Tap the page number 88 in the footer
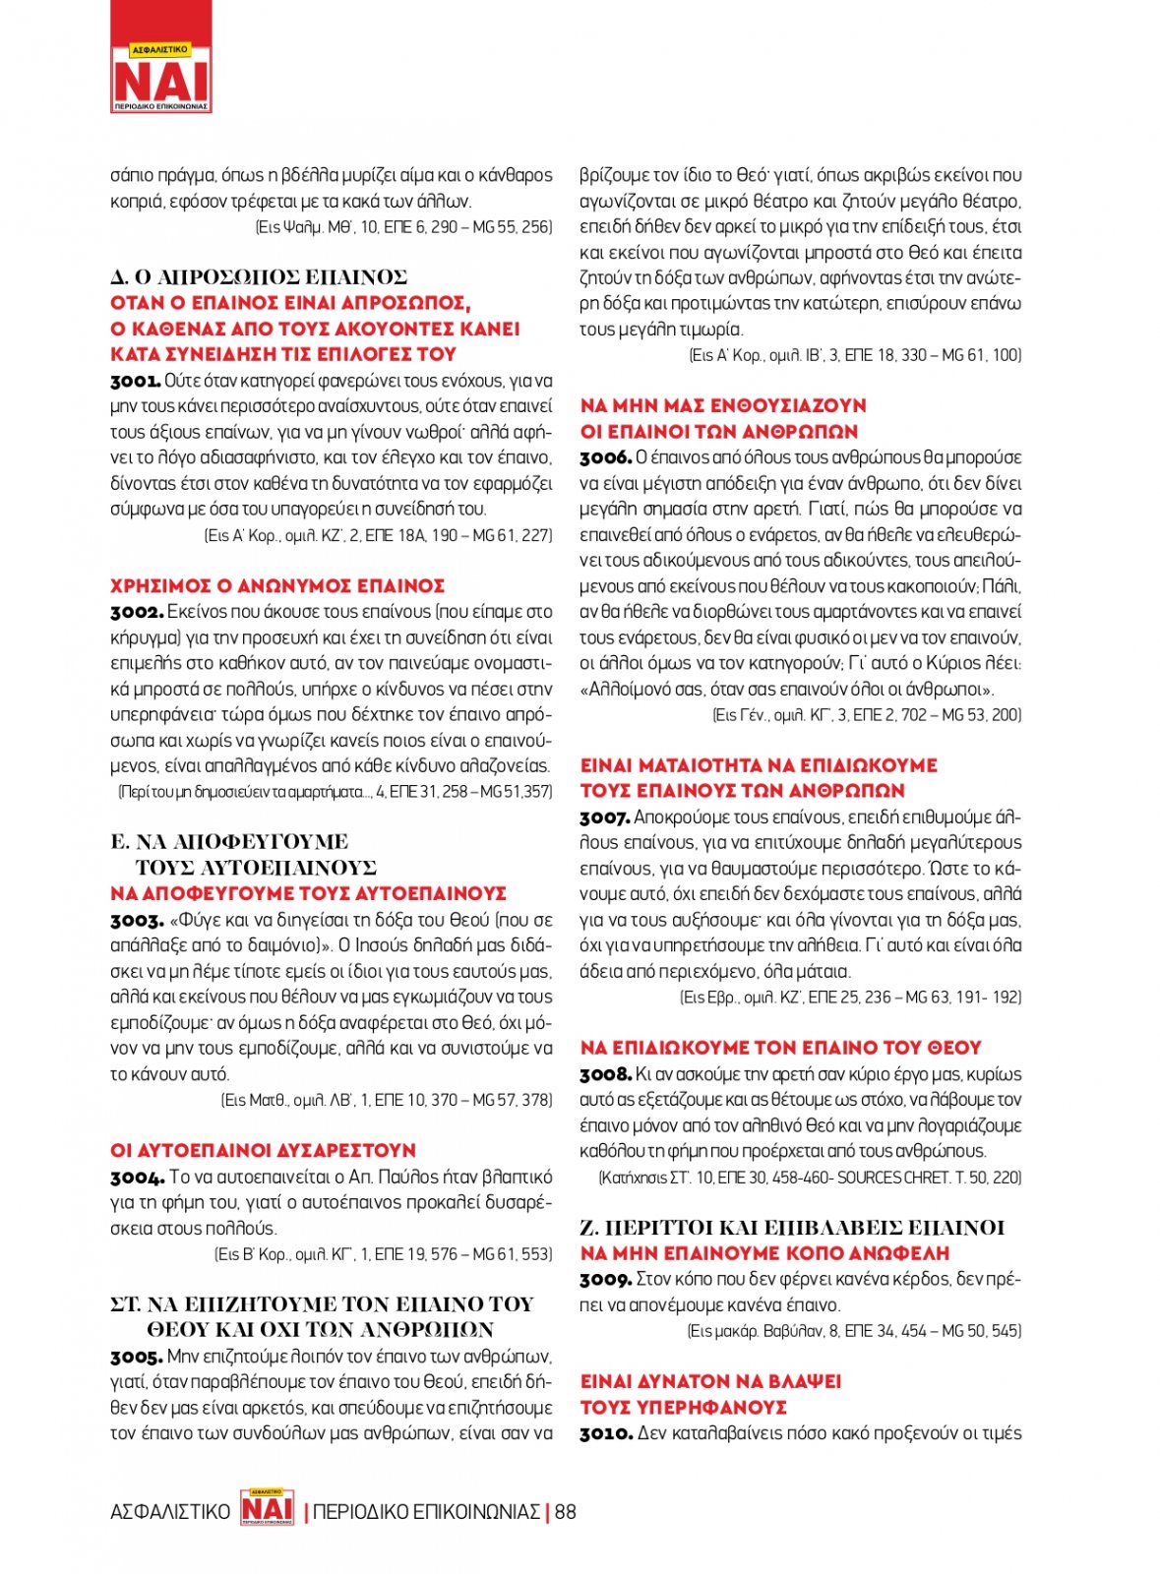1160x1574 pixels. pyautogui.click(x=566, y=1511)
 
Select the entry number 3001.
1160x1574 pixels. pyautogui.click(x=135, y=381)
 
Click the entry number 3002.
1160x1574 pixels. pyautogui.click(x=136, y=612)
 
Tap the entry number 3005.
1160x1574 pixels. pyautogui.click(x=136, y=1357)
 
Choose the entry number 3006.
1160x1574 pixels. pyautogui.click(x=605, y=457)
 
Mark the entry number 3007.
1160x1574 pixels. pyautogui.click(x=604, y=817)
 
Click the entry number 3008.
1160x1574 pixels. pyautogui.click(x=605, y=1074)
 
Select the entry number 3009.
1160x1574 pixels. pyautogui.click(x=605, y=1280)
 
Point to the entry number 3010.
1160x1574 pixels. pyautogui.click(x=605, y=1433)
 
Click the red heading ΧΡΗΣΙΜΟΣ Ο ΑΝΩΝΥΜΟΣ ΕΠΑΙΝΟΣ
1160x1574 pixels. pyautogui.click(x=277, y=586)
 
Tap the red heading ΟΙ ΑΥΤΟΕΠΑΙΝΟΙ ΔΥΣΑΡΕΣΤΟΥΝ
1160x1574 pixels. pyautogui.click(x=263, y=1150)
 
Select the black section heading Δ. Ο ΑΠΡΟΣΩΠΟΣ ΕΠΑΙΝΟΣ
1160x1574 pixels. pyautogui.click(x=259, y=277)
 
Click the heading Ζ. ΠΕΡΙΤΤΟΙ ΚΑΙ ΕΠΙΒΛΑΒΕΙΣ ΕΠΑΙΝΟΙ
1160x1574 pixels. pyautogui.click(x=792, y=1227)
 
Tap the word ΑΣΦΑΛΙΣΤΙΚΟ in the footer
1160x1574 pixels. pyautogui.click(x=170, y=1511)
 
